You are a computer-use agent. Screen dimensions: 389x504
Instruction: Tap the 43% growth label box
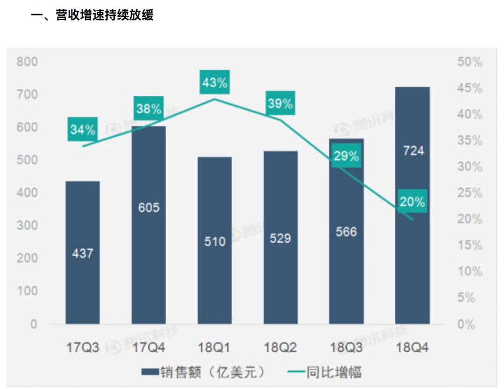215,83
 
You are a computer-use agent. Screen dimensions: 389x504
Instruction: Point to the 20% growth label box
412,202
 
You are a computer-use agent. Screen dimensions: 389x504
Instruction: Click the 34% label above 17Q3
83,130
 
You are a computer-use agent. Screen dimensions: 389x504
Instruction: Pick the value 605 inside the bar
149,207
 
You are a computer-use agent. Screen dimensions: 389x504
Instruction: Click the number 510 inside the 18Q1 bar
215,241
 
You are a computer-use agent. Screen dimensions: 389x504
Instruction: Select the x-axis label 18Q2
280,348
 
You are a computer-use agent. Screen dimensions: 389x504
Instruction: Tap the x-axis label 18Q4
412,348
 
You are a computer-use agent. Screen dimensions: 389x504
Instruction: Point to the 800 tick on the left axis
28,62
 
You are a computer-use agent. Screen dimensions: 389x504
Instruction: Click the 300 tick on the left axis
28,226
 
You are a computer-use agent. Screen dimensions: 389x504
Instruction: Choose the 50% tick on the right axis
470,62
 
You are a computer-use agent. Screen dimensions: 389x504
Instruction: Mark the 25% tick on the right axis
470,193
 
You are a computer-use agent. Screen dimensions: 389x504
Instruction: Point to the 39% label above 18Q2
280,104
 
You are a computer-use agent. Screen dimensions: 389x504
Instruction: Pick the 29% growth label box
346,156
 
